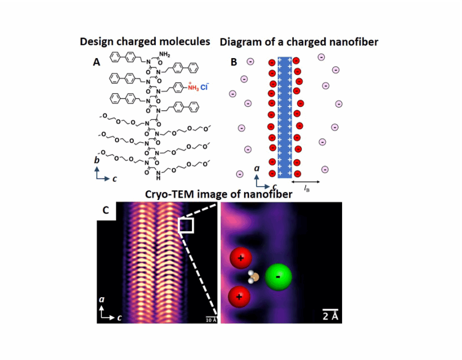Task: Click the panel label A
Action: point(97,62)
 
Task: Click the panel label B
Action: point(234,62)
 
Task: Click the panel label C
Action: point(105,210)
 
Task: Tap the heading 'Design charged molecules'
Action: point(145,42)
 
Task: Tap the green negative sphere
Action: point(279,277)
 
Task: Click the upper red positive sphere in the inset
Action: point(240,258)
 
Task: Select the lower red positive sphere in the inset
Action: point(239,297)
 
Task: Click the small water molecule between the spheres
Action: point(254,276)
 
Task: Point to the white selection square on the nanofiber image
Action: point(186,225)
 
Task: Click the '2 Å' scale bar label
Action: point(328,315)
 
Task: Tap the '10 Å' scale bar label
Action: point(211,319)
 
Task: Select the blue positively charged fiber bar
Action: point(285,117)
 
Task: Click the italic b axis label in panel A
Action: point(97,161)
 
